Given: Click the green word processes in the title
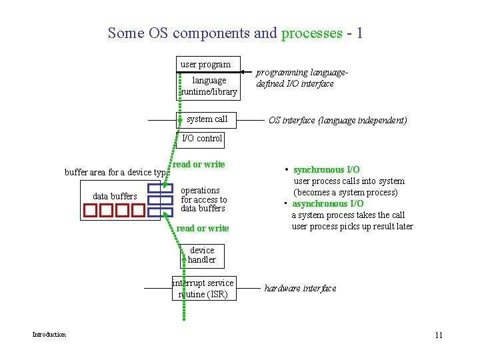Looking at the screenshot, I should pos(311,33).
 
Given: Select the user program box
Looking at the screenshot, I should pos(205,65).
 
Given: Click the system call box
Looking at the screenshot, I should pos(207,119).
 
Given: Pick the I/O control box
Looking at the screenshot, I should pos(202,139).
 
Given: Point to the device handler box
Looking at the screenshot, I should pos(202,255).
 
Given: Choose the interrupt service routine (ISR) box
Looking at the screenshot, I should pos(203,288).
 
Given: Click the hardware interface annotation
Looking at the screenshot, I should pos(300,289).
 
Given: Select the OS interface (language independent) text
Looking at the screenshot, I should pos(337,121).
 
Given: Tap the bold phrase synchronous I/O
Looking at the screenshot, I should pos(326,170).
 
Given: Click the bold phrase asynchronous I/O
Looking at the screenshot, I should pos(328,203).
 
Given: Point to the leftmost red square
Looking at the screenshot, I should pos(90,211).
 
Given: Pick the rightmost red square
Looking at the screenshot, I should pos(138,211).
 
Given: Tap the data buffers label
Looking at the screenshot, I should pos(115,196).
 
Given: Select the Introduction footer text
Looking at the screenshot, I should pos(49,335).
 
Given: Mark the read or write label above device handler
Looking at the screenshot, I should pos(202,228).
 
